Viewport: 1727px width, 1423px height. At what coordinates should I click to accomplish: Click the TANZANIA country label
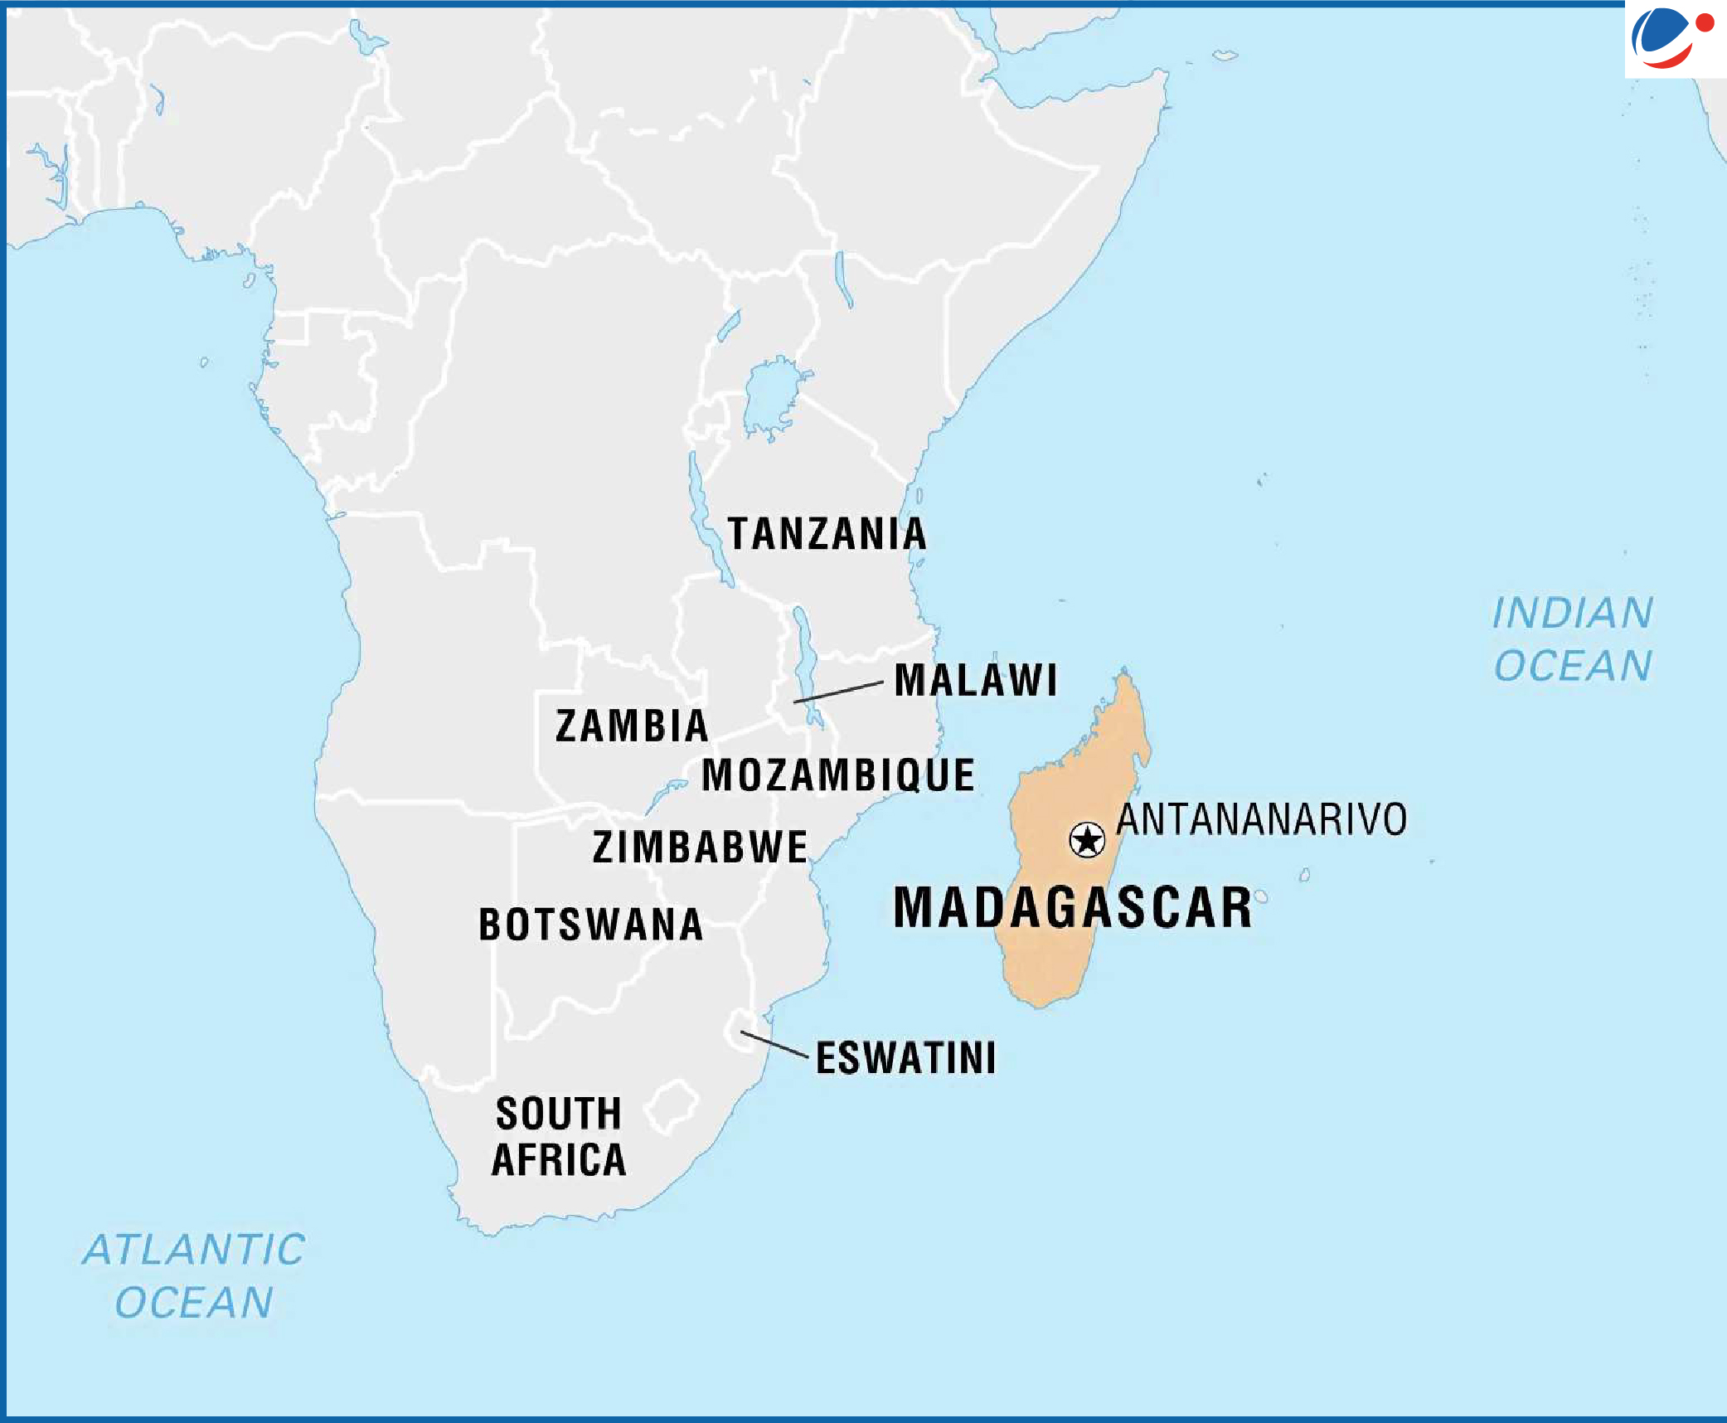click(827, 533)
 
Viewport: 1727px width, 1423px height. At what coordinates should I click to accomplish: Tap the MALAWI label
click(975, 680)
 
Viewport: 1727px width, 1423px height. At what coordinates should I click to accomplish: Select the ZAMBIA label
click(632, 726)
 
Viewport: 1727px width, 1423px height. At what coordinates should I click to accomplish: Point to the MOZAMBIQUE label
click(838, 775)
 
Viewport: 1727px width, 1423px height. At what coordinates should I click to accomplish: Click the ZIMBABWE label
click(700, 847)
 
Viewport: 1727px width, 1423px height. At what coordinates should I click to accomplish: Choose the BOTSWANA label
click(591, 925)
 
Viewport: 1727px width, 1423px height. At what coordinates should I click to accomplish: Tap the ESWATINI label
click(905, 1058)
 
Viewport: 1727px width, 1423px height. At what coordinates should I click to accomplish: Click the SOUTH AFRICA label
click(559, 1136)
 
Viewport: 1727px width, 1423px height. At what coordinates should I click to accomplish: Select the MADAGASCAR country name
click(1072, 907)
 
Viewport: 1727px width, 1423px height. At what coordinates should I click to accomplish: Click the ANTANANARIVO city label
click(1261, 819)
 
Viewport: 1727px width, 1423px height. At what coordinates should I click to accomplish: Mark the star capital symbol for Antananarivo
click(1087, 840)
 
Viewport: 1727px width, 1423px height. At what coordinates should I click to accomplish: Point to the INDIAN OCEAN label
click(1573, 639)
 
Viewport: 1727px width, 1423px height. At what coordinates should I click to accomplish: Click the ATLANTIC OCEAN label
click(194, 1275)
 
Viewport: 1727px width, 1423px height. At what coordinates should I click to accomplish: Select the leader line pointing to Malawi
click(837, 692)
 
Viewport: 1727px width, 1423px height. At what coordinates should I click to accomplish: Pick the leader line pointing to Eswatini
click(774, 1044)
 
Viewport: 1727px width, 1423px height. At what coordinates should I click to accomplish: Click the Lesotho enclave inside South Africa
click(672, 1105)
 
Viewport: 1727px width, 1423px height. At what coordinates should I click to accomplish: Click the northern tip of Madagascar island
click(1125, 672)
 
